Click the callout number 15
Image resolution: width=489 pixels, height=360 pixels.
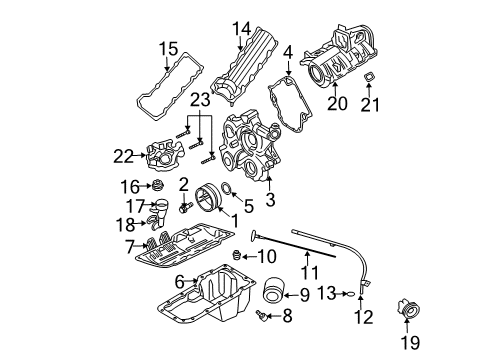tap(167, 47)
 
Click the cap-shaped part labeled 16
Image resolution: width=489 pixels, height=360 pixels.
tap(154, 187)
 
